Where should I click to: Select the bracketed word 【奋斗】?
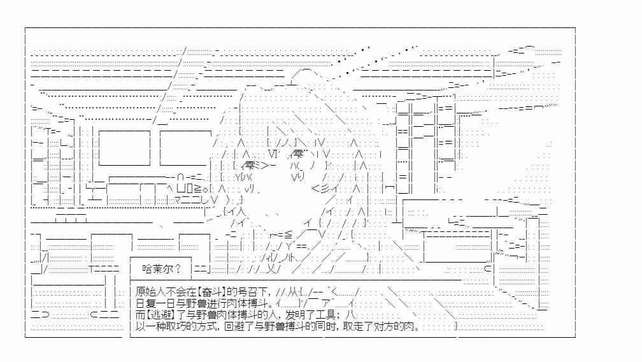coord(211,292)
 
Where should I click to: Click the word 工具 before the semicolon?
coord(327,315)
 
